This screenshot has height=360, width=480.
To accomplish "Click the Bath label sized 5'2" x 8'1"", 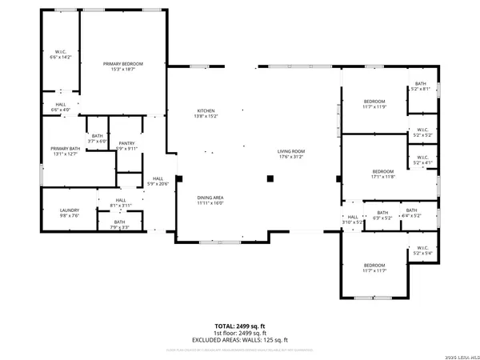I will click(x=420, y=86).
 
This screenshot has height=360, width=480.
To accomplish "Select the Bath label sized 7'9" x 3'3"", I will click(x=119, y=224).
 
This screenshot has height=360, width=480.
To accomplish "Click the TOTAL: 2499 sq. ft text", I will click(x=239, y=326).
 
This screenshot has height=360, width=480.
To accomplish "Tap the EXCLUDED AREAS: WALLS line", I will click(x=239, y=339).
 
